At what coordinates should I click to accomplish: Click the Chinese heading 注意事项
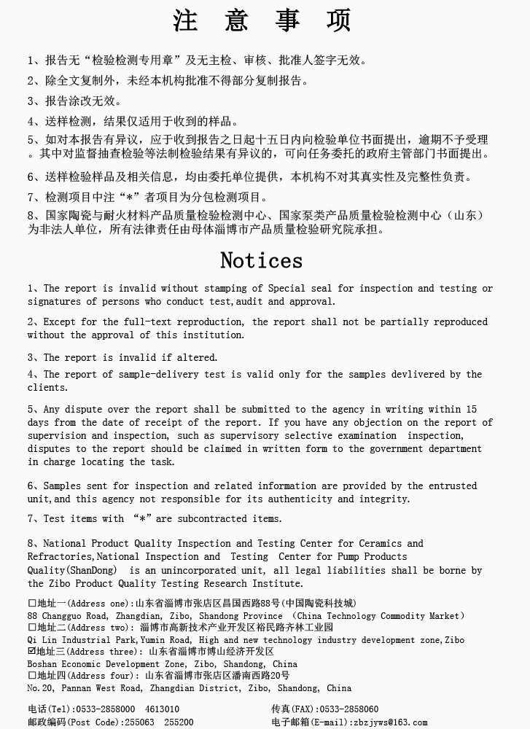262,20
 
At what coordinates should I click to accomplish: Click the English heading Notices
261,260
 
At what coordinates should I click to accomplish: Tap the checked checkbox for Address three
32,651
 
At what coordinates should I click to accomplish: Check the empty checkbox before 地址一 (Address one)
32,604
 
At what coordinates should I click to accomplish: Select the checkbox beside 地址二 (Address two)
32,627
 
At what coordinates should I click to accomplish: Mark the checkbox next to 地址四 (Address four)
32,676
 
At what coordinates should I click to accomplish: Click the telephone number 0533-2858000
106,709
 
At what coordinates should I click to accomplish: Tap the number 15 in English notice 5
471,409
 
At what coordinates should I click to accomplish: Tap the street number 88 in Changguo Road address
34,616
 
